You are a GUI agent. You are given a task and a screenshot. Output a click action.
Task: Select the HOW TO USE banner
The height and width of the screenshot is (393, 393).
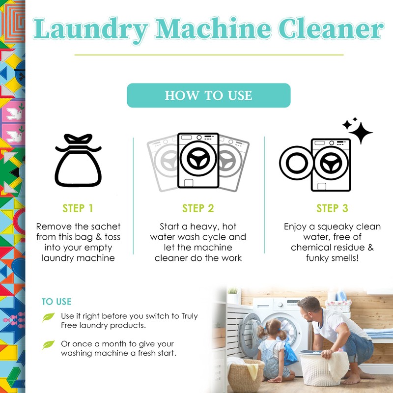pyautogui.click(x=209, y=95)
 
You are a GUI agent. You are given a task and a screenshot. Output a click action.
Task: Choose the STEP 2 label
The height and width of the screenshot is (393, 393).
pyautogui.click(x=198, y=208)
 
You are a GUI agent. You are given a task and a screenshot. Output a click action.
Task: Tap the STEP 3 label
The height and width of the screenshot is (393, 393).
pyautogui.click(x=332, y=208)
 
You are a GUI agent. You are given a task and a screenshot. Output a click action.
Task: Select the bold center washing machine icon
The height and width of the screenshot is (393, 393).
pyautogui.click(x=198, y=160)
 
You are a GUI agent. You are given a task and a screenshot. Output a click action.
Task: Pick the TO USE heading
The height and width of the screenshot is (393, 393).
pyautogui.click(x=56, y=302)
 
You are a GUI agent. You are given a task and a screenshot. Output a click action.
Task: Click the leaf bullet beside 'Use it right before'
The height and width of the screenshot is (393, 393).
pyautogui.click(x=49, y=317)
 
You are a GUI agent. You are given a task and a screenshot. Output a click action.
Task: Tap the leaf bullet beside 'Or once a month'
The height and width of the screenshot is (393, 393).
pyautogui.click(x=49, y=345)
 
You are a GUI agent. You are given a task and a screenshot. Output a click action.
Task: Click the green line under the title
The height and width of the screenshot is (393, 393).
pyautogui.click(x=209, y=55)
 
